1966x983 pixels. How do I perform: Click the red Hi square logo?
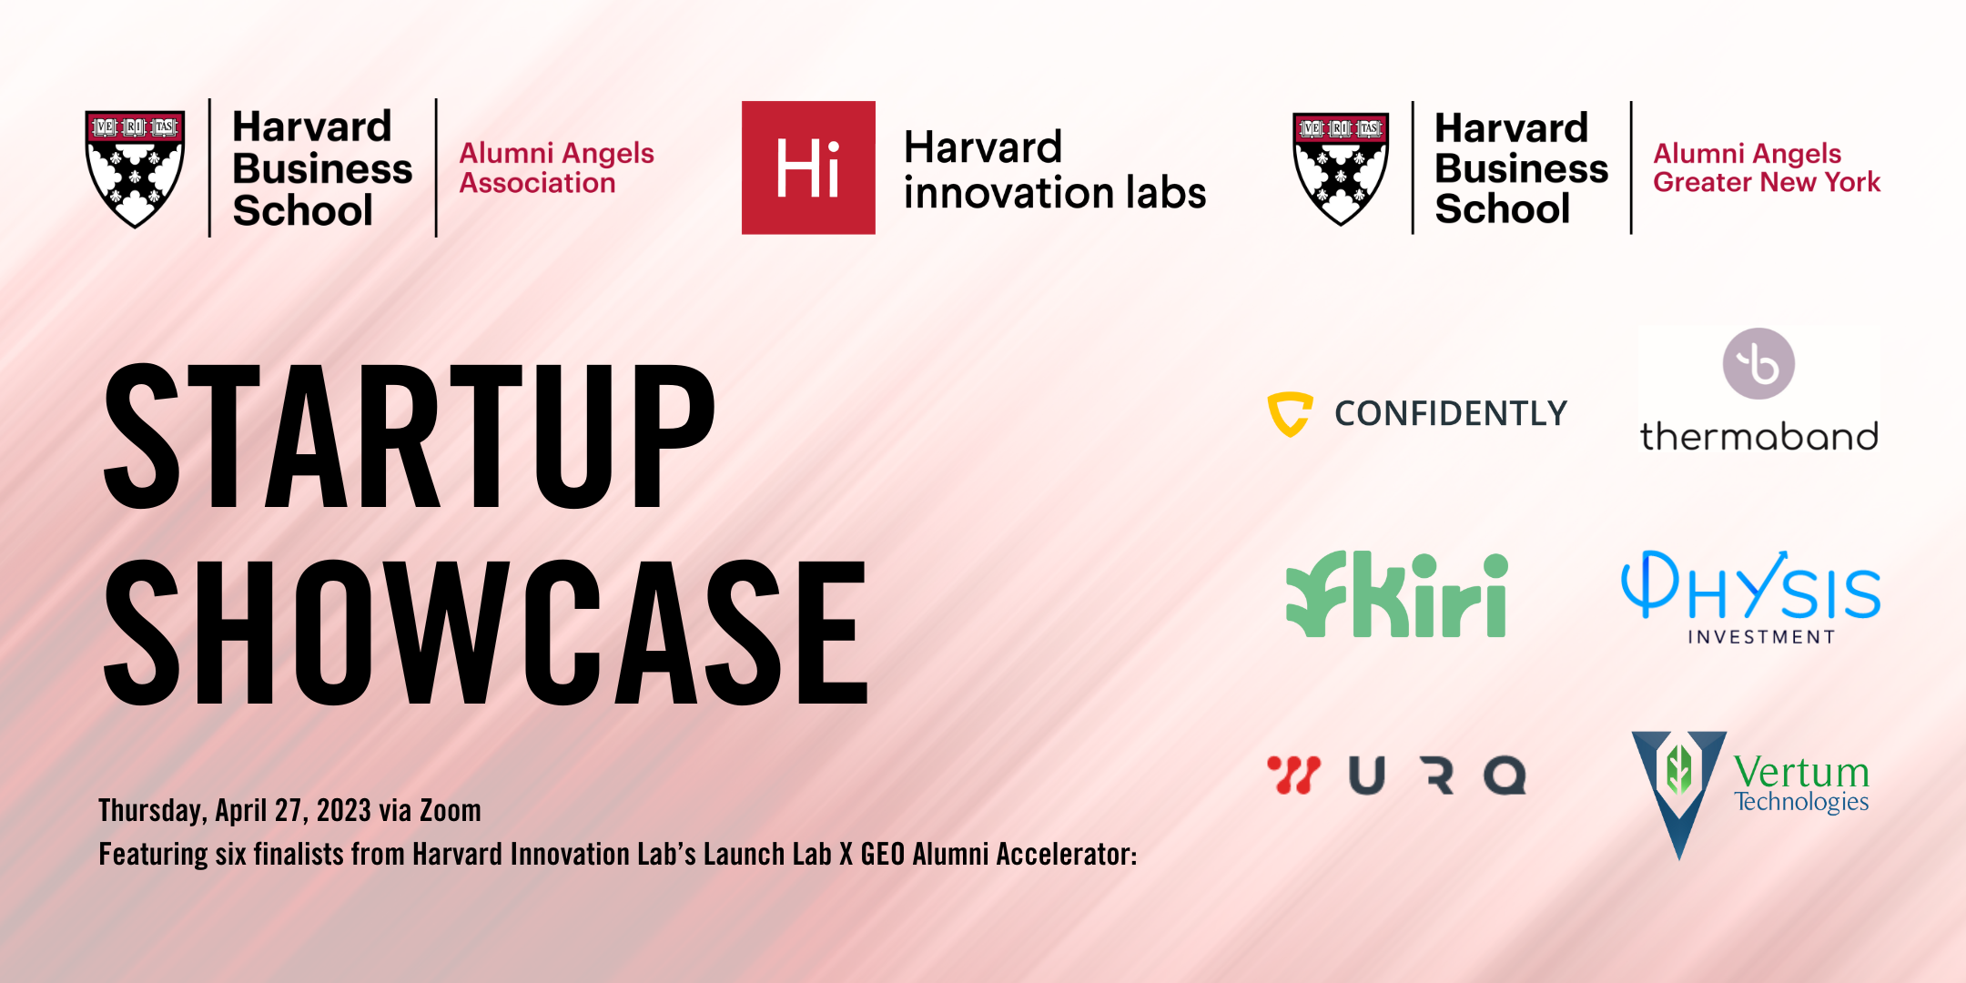[808, 167]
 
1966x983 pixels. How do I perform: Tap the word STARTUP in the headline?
[410, 436]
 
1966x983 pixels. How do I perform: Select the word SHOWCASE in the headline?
[486, 633]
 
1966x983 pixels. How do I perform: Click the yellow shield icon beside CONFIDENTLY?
[1290, 414]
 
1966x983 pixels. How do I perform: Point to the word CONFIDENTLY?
[1451, 413]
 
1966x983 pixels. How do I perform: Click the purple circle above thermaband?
[1758, 364]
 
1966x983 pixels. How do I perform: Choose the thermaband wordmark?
[1758, 436]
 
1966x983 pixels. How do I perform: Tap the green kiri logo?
[1396, 594]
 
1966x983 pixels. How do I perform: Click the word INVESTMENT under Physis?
[1761, 637]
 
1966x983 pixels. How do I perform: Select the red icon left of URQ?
[1292, 775]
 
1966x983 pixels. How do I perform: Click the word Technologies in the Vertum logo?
[1801, 802]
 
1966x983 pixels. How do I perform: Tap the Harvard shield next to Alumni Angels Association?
[135, 168]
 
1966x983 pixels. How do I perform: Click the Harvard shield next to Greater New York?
[1341, 168]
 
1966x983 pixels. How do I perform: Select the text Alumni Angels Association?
[556, 167]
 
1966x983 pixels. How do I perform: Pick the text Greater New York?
[1767, 182]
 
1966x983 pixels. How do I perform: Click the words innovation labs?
[1055, 193]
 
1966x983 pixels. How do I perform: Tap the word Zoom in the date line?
[450, 810]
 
